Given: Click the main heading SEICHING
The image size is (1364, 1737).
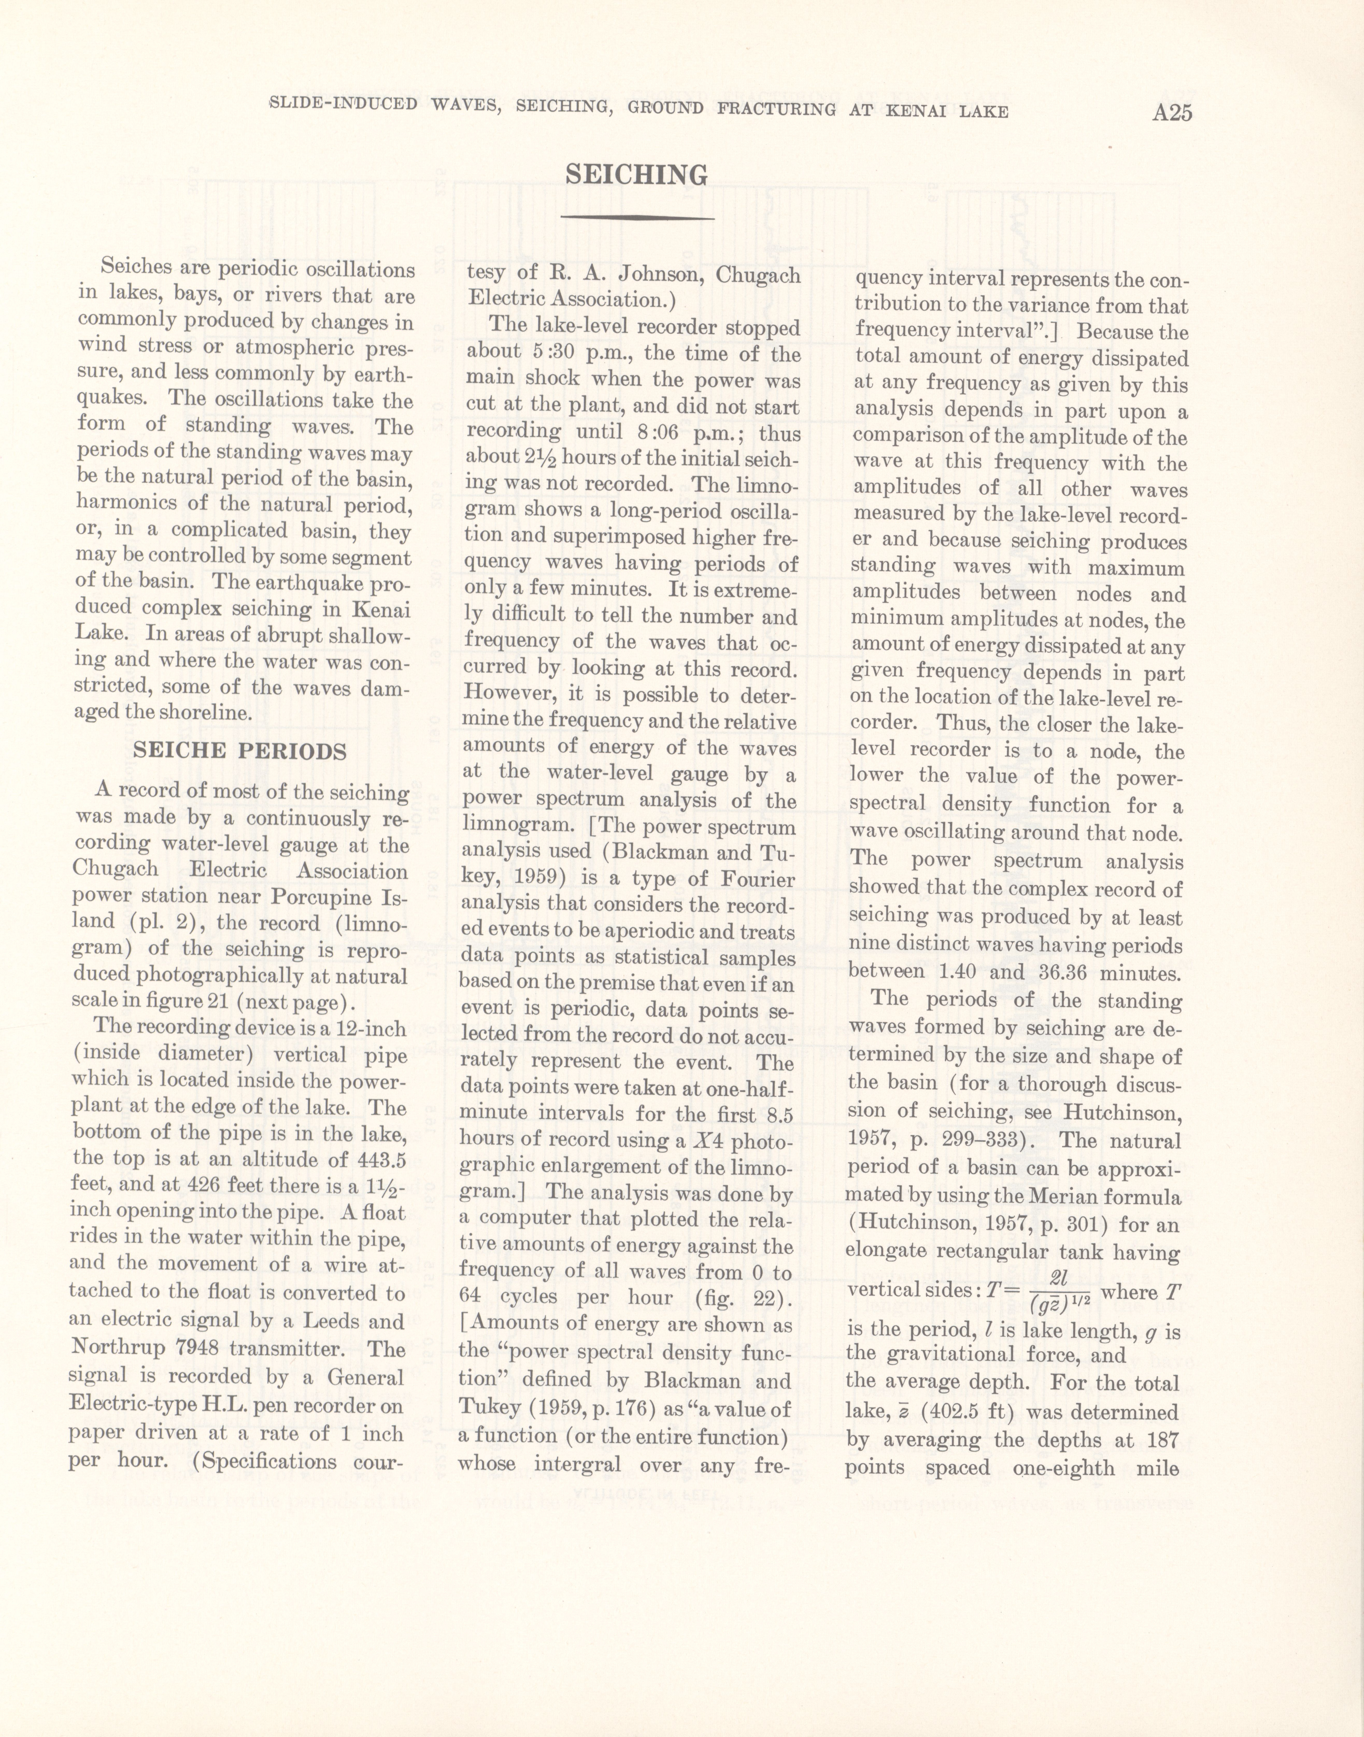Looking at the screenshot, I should [636, 175].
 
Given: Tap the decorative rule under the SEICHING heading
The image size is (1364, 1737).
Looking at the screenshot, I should [636, 217].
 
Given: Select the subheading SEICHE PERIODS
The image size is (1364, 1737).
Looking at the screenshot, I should [240, 751].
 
